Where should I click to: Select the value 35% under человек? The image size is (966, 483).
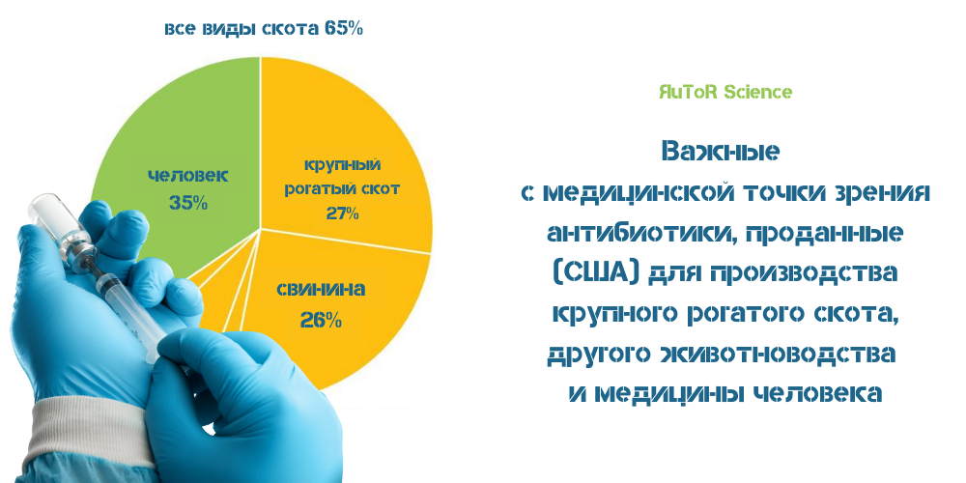coord(188,203)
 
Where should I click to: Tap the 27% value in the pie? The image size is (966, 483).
coord(343,213)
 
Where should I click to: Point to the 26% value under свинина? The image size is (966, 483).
coord(321,321)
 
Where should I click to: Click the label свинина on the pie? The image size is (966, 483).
coord(321,288)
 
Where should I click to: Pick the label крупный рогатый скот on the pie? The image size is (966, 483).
coord(342,177)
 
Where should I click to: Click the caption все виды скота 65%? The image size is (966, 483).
coord(264,28)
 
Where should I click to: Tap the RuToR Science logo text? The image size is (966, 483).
coord(725,92)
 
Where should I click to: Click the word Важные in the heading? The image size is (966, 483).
coord(721,152)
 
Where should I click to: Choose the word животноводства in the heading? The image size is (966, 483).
coord(778,355)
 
